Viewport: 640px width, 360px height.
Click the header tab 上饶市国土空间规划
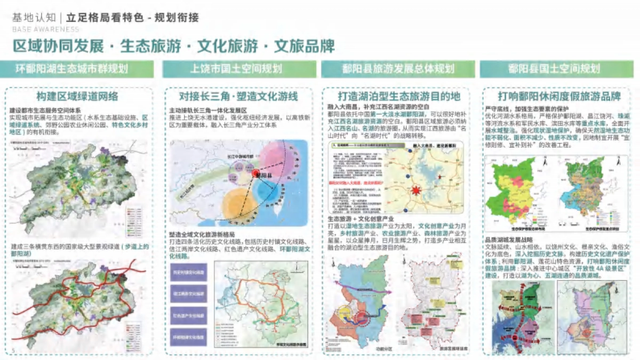click(236, 69)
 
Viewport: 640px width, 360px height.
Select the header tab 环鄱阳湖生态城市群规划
click(79, 69)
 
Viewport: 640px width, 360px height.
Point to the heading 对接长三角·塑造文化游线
click(238, 97)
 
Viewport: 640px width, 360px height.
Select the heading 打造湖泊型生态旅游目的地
click(399, 97)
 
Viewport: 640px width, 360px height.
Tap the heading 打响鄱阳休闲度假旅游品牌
click(559, 97)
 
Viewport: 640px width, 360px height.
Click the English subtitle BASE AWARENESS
click(39, 29)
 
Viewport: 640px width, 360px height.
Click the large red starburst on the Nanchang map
click(416, 190)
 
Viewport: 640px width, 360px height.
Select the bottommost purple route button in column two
click(189, 337)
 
